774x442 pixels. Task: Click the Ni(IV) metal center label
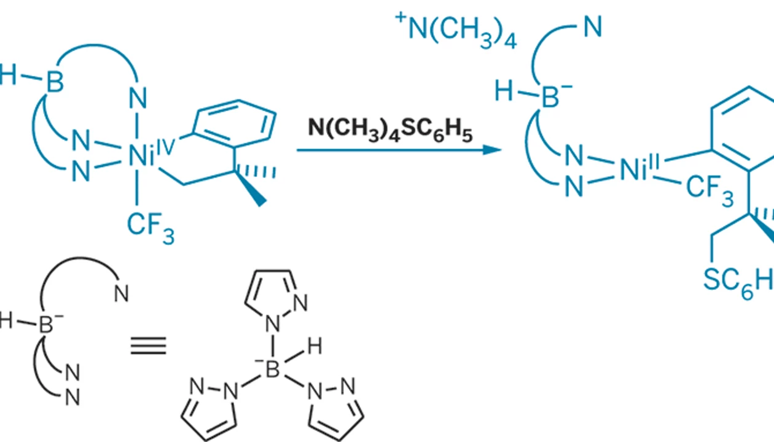(x=151, y=153)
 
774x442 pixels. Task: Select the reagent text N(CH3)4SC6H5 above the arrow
(x=389, y=131)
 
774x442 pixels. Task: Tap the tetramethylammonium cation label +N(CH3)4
(x=456, y=31)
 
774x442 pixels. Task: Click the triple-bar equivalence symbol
(x=149, y=346)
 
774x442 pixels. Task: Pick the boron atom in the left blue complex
(x=55, y=82)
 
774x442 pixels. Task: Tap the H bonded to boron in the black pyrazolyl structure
(x=315, y=346)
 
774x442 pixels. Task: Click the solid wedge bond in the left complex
(x=251, y=188)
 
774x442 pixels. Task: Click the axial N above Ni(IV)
(x=138, y=98)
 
